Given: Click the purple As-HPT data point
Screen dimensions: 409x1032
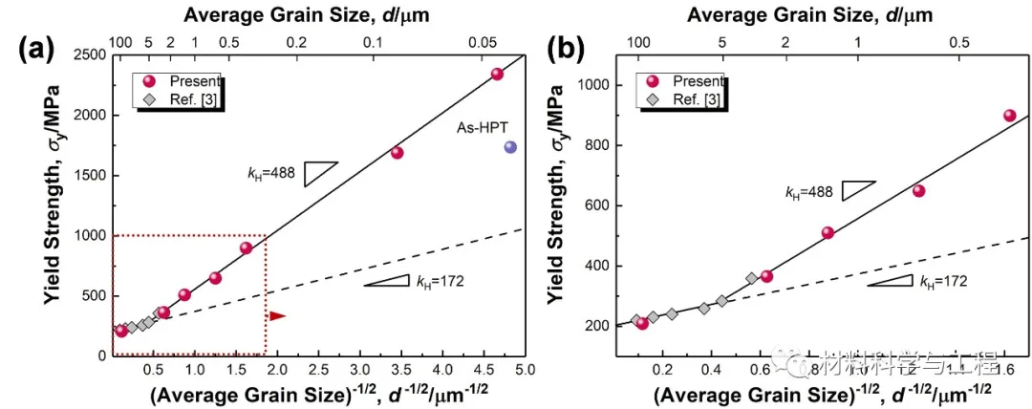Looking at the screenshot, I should pos(510,147).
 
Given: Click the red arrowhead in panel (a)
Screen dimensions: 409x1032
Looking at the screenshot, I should pos(277,316).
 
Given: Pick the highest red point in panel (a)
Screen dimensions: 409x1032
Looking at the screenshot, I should pos(497,74).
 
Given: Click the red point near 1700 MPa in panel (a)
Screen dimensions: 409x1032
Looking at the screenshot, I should pos(398,153).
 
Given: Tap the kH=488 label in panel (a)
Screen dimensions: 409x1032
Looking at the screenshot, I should pos(269,173).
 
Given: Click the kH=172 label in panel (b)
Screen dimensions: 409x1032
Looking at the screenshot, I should pos(943,281).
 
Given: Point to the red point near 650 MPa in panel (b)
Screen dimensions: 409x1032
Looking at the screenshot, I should pos(918,191).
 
